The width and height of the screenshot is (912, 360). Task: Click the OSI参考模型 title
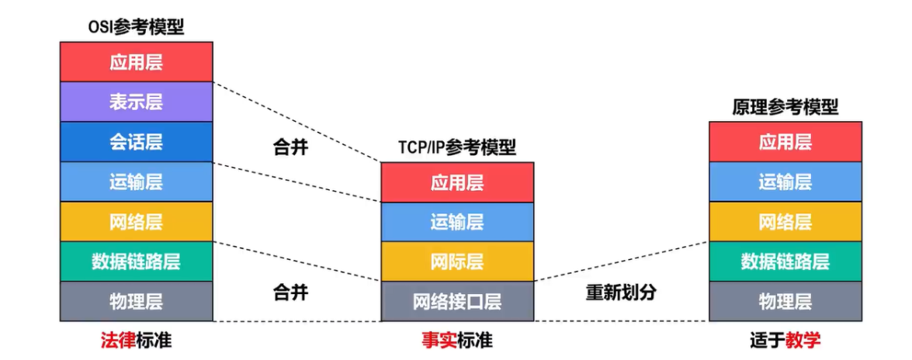[x=136, y=27]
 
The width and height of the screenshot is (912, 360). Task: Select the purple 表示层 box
[x=136, y=102]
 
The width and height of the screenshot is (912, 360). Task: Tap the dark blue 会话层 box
[x=136, y=142]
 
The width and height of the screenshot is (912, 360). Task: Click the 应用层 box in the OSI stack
[x=136, y=62]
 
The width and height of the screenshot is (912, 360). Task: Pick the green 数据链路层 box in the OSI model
[x=136, y=261]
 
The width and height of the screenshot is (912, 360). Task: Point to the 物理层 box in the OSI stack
[x=136, y=301]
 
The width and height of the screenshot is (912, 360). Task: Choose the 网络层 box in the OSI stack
[x=136, y=222]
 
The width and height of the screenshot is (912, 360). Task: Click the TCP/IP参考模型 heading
[x=457, y=147]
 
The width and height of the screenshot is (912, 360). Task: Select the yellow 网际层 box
[x=457, y=261]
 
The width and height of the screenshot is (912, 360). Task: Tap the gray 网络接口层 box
[x=457, y=301]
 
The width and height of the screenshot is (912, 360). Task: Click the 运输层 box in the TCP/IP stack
[x=457, y=222]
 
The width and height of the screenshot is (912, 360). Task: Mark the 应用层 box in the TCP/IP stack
[x=457, y=182]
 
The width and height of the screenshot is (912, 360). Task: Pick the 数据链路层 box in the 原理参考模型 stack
[x=785, y=261]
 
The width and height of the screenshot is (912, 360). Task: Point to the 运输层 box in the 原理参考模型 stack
[x=785, y=182]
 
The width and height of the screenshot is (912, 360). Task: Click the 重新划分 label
[x=621, y=292]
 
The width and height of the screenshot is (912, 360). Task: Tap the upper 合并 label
[x=290, y=147]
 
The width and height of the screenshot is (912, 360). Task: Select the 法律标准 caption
[x=136, y=340]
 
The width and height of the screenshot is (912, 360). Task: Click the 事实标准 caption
[x=457, y=340]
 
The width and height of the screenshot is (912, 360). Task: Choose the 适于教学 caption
[x=785, y=340]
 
